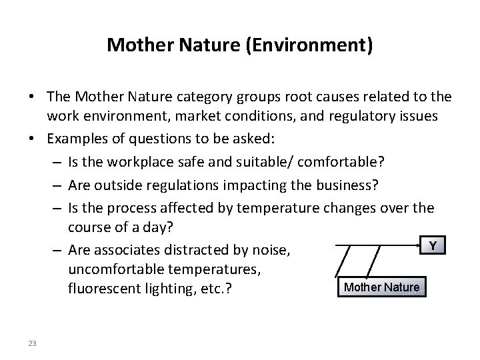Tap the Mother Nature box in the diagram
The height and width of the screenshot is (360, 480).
[x=381, y=287]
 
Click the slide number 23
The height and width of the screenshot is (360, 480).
[x=33, y=343]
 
